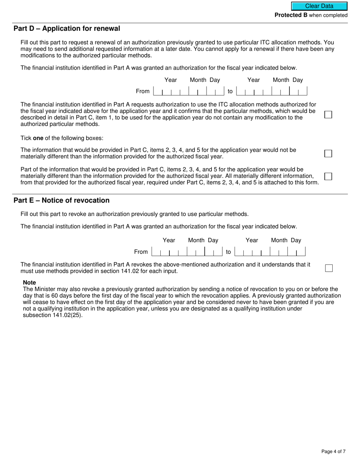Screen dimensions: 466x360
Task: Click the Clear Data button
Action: click(319, 6)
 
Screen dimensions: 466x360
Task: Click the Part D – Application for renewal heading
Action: click(67, 29)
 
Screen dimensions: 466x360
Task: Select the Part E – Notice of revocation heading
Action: click(61, 200)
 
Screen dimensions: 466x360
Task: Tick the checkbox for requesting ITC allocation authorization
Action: click(328, 114)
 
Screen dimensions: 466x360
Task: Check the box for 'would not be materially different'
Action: click(328, 153)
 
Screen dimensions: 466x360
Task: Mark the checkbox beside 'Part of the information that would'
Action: click(328, 177)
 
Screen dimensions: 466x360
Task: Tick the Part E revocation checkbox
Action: click(329, 268)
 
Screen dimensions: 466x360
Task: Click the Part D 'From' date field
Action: click(188, 91)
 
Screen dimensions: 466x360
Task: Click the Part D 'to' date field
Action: click(271, 91)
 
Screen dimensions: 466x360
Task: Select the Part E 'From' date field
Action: click(186, 252)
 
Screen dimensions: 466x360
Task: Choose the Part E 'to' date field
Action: click(270, 252)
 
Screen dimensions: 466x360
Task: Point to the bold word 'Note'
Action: click(30, 283)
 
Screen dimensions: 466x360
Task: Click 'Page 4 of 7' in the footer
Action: click(333, 451)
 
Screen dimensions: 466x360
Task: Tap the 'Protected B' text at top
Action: click(291, 15)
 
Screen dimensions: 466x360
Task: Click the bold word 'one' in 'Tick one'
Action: click(38, 138)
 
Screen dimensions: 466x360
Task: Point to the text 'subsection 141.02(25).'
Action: click(53, 315)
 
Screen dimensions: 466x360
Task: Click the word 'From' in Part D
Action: click(142, 91)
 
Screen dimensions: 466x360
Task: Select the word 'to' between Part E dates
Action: click(228, 252)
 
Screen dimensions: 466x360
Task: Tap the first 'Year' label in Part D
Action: click(171, 80)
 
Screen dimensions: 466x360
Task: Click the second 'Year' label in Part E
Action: click(252, 240)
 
